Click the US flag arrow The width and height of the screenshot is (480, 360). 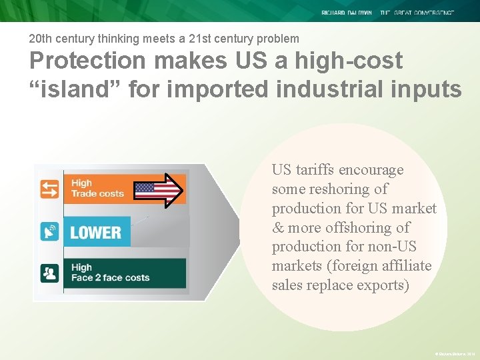coord(159,189)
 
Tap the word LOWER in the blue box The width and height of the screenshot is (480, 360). coord(95,233)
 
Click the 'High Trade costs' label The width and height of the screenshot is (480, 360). coord(97,188)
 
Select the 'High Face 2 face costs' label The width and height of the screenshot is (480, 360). coord(110,273)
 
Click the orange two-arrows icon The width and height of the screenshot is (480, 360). coord(50,189)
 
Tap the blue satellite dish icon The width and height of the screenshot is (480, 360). coord(50,231)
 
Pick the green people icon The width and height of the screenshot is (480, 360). coord(50,273)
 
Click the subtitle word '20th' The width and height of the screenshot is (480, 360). coord(41,39)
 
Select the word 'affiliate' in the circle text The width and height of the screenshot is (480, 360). coord(404,266)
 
